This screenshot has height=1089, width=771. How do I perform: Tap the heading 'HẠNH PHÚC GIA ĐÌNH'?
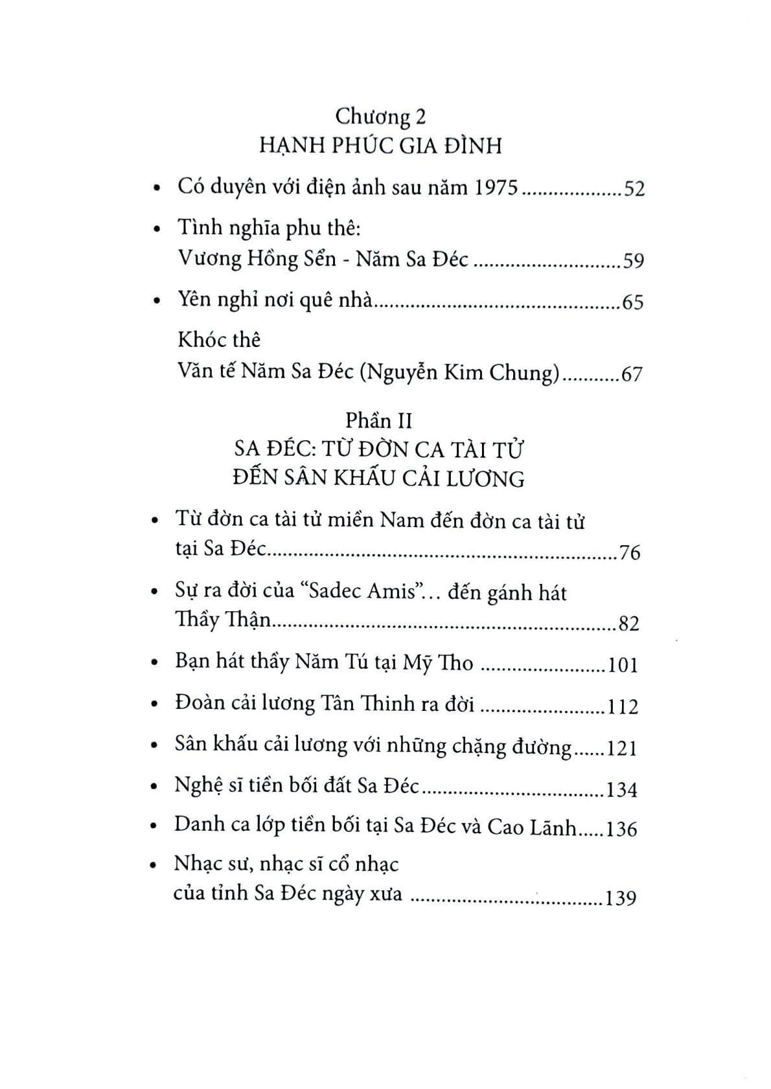[x=380, y=146]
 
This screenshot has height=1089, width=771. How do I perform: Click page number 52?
[x=632, y=189]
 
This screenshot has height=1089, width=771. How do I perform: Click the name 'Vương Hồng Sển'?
[x=257, y=260]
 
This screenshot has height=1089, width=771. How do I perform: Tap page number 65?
[x=632, y=302]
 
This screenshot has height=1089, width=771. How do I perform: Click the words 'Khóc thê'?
[x=219, y=339]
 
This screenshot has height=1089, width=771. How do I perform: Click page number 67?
[x=631, y=374]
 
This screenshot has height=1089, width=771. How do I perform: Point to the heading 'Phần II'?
[x=379, y=421]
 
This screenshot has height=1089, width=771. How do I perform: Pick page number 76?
[x=629, y=553]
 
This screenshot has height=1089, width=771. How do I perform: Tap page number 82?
[x=628, y=623]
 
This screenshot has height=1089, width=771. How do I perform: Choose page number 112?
[x=623, y=706]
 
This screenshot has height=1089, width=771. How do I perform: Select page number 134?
[x=621, y=790]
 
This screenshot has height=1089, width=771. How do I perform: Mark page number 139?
[x=620, y=898]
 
